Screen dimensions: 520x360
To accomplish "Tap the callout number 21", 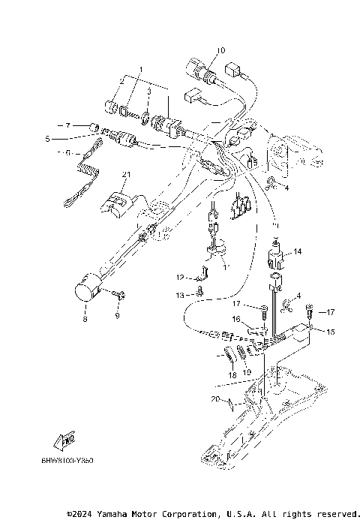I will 126,175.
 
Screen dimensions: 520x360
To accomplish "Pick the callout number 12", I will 180,277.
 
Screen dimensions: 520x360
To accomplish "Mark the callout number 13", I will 180,296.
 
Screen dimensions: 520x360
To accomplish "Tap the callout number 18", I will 232,374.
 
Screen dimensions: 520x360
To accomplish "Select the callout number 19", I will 247,372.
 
